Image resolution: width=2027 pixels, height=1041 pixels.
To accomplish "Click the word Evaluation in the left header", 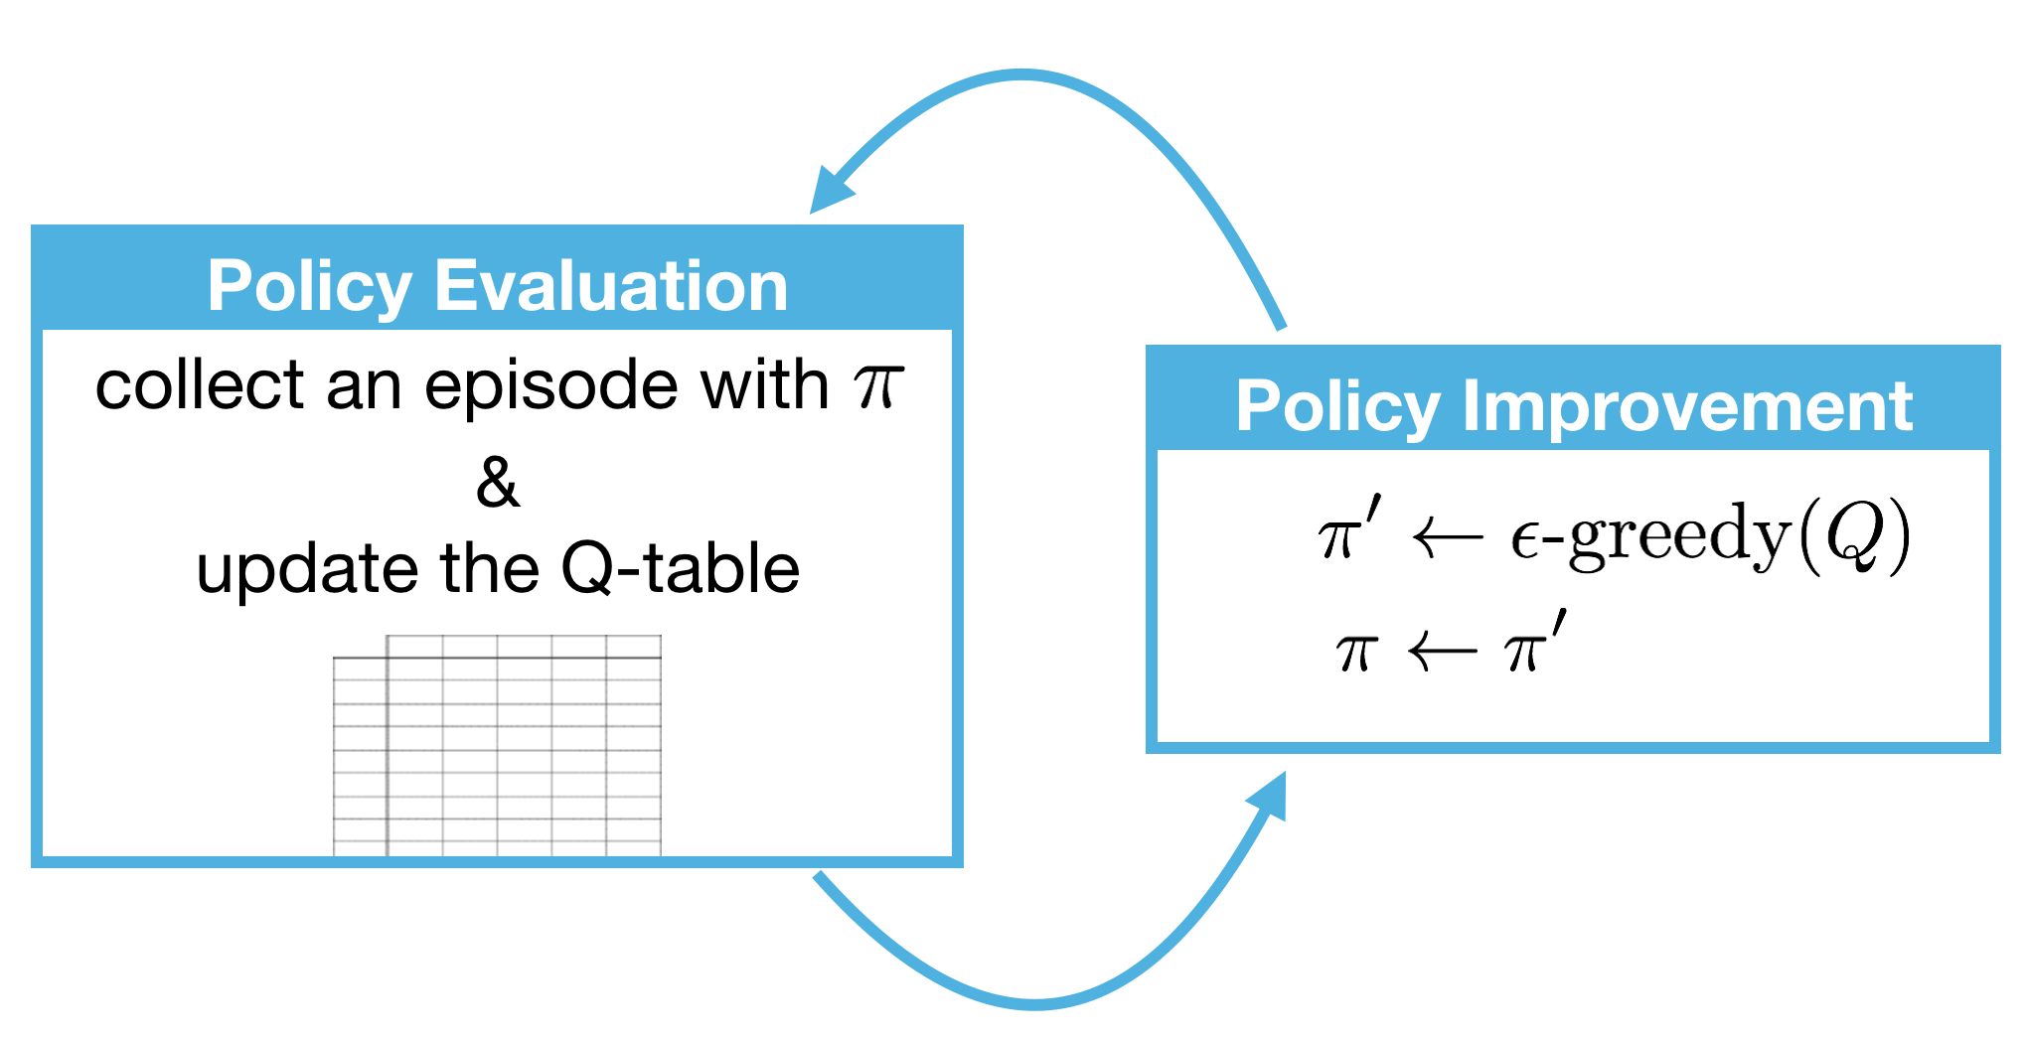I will (x=611, y=286).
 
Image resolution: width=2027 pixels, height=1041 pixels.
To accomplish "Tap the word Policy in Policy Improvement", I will (x=1337, y=407).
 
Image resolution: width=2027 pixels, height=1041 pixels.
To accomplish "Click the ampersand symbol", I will (x=497, y=483).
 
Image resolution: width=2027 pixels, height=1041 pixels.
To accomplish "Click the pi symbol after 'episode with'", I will (x=878, y=387).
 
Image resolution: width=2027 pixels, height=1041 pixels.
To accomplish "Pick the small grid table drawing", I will (x=497, y=745).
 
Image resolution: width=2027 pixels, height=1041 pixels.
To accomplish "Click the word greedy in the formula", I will (x=1679, y=536).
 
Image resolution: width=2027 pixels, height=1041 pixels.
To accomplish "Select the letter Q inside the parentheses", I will (x=1854, y=536).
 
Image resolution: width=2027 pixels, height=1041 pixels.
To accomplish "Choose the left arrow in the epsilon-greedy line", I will (x=1447, y=539).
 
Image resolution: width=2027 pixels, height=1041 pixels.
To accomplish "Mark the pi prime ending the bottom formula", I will (x=1534, y=646).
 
